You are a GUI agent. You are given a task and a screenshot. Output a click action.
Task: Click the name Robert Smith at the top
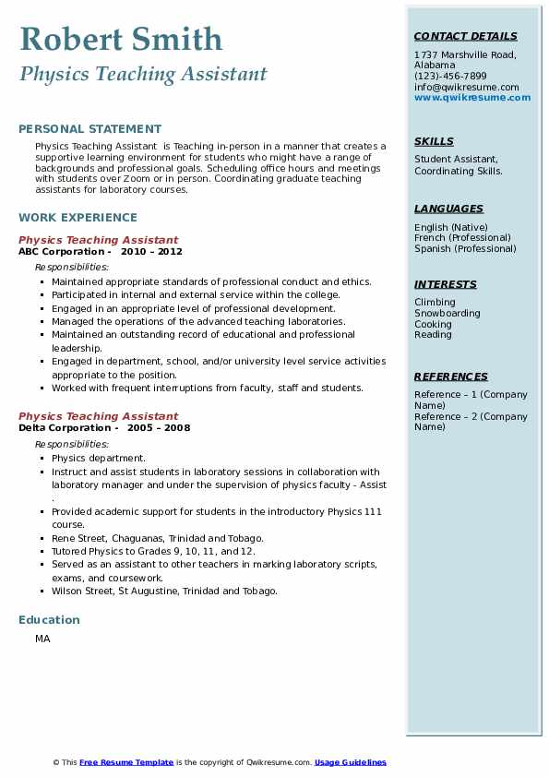tap(121, 39)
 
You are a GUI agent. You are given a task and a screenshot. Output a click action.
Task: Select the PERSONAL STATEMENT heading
tap(90, 129)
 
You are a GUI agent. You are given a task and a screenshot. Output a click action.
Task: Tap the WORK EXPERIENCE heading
tap(78, 218)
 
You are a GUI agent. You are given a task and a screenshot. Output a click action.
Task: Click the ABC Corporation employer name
tap(61, 252)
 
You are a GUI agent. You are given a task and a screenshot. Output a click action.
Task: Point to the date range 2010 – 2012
tap(151, 252)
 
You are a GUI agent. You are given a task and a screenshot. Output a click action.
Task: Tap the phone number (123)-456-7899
tap(450, 77)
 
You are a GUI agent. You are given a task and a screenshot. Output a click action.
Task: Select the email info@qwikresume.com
tap(467, 87)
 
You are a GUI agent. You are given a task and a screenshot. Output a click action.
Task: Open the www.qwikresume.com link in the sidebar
tap(472, 97)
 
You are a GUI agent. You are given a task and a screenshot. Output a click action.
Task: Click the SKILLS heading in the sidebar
tap(434, 142)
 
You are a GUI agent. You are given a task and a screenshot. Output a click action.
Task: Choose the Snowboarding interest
tap(448, 314)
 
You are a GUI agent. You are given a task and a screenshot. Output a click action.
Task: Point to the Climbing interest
tap(436, 303)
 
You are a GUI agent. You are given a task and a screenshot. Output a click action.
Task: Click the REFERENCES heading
tap(451, 377)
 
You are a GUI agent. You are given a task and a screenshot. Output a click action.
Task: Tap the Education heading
tap(49, 620)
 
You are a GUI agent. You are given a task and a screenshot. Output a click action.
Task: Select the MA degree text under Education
tap(42, 639)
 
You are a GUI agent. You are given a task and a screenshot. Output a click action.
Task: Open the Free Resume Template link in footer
tap(126, 762)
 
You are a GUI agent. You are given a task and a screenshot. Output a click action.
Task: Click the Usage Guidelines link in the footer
tap(351, 762)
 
